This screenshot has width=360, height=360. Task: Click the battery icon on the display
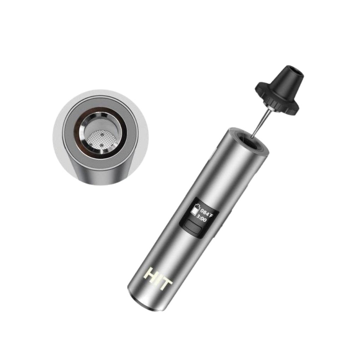(x=195, y=211)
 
